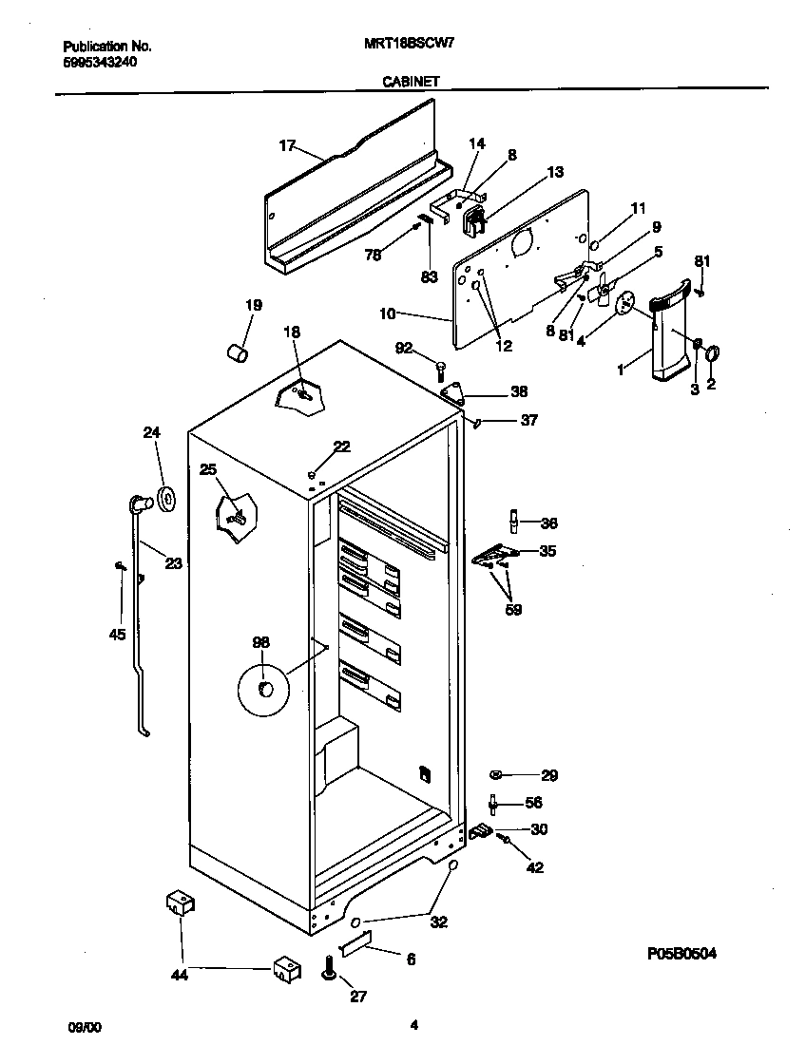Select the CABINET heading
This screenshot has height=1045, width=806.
pos(411,82)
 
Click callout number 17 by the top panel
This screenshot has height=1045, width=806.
pos(287,145)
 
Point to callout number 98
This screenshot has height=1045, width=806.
pos(260,643)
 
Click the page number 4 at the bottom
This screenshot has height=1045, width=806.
pos(413,1025)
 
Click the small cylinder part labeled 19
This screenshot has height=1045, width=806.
pos(238,353)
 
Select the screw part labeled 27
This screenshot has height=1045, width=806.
pos(330,969)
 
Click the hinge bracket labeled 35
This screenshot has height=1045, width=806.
pos(493,554)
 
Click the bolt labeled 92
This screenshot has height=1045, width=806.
pos(442,368)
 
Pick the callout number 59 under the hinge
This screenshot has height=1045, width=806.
pos(513,610)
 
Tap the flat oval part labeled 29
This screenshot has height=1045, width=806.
pos(497,775)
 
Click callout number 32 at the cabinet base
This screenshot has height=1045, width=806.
pos(438,921)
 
